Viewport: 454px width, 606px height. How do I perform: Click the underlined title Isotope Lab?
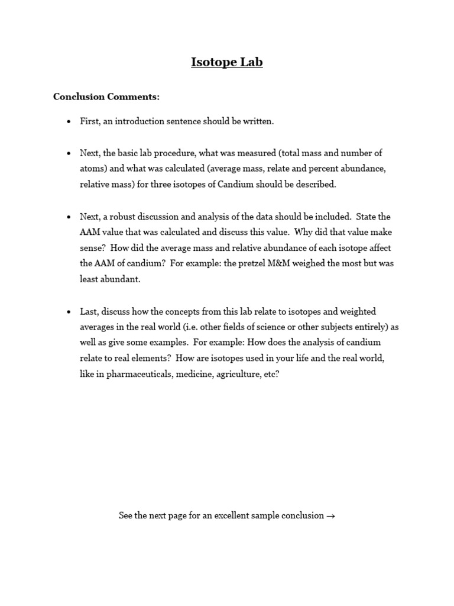point(227,62)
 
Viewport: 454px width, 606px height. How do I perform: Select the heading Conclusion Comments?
point(106,96)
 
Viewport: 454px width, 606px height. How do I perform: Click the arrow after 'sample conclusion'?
point(330,516)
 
